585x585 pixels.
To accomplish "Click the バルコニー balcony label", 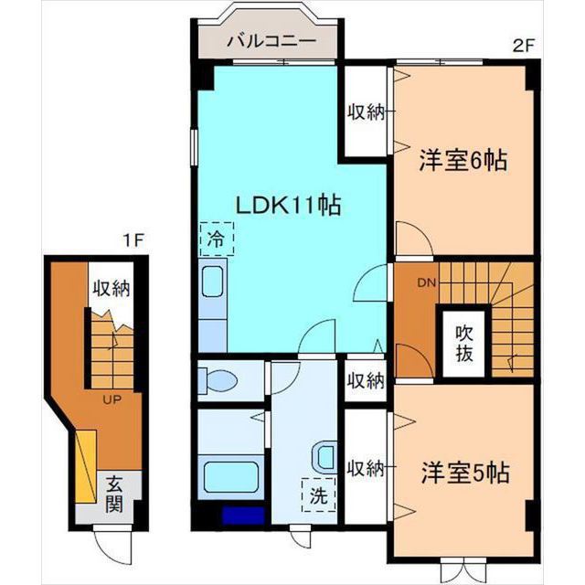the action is (x=271, y=41).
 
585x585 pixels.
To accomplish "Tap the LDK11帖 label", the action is (x=289, y=206).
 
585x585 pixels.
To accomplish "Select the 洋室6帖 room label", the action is (x=463, y=160).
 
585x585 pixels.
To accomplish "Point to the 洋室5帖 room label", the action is (x=465, y=473).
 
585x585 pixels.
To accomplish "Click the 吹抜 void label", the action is (x=464, y=344).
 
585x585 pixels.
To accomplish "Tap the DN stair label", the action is (x=427, y=282).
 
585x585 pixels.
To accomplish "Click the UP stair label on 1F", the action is (x=112, y=400).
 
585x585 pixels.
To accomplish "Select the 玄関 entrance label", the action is (x=113, y=495).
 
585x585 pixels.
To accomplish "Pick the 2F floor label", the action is (x=524, y=47).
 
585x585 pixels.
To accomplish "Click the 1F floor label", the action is (x=133, y=240).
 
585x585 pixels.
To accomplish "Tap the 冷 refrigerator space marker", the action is (x=217, y=239).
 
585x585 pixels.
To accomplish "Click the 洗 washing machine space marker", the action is (x=319, y=495).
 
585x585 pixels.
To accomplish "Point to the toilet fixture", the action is (x=218, y=381).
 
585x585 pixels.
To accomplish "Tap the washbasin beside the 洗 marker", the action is (x=325, y=457).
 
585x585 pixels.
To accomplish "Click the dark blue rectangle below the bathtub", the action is (x=243, y=516).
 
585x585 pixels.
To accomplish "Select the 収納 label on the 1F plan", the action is (x=112, y=289).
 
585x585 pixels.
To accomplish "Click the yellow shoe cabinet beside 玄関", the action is (x=86, y=466).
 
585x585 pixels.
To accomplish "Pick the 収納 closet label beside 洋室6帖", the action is (x=366, y=112).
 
